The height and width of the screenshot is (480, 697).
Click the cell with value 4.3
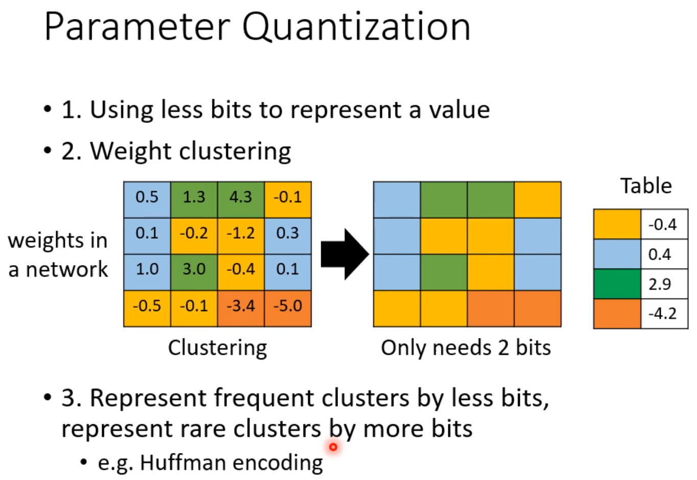coord(241,200)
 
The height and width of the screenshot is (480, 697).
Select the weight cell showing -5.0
coord(288,308)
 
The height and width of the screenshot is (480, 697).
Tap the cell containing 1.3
coord(194,200)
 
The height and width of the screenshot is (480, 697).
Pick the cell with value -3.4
coord(241,308)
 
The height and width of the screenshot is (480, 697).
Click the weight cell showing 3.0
coord(194,272)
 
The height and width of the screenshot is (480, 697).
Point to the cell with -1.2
coord(241,236)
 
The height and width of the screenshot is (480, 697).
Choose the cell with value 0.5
coord(147,200)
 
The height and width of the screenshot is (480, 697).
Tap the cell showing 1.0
coord(147,272)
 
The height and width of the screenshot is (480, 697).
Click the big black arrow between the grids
coord(345,254)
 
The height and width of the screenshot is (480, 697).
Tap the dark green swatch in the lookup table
coord(617,284)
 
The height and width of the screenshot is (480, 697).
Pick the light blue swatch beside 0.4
coord(617,254)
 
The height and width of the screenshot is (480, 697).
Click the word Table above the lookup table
coord(646,186)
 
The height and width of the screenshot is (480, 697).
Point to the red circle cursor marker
coord(333,447)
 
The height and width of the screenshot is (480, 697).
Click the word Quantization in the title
coord(356,28)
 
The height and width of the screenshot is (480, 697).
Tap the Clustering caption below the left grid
coord(218,348)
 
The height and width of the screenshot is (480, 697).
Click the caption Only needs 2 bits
coord(466,348)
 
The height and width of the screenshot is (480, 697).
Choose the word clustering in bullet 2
coord(235,152)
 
